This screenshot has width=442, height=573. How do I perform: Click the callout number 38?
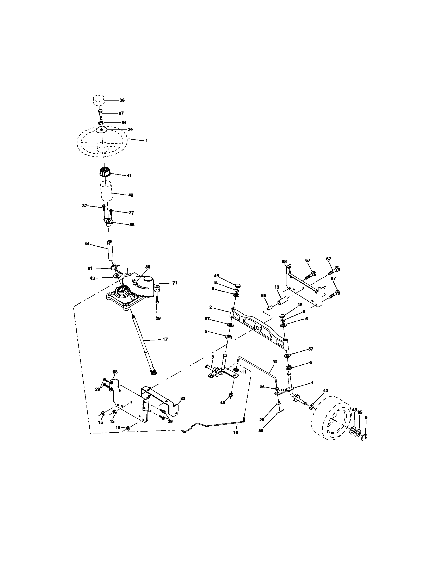point(122,100)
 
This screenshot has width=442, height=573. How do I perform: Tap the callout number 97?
point(121,113)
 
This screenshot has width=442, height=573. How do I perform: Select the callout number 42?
point(131,195)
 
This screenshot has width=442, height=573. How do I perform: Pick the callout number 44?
point(87,244)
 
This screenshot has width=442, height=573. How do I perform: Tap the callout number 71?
point(175,283)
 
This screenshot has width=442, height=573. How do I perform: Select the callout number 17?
point(165,339)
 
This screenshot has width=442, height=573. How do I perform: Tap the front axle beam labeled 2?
point(259,328)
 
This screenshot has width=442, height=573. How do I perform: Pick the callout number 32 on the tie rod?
point(275,362)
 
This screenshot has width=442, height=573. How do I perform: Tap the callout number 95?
point(360,413)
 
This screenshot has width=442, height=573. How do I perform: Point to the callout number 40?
point(223,402)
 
